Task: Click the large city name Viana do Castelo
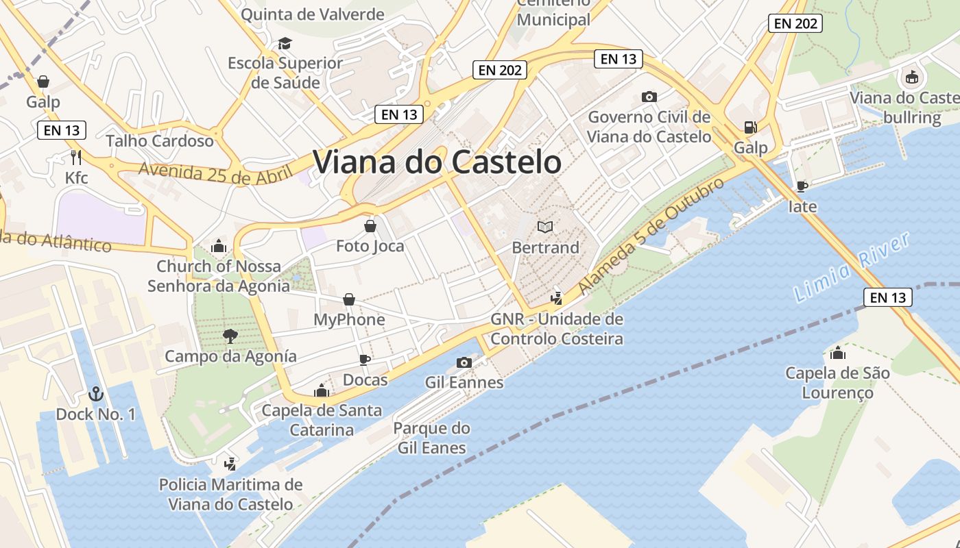437,162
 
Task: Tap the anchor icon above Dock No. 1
96,394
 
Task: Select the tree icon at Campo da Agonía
230,336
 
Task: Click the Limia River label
852,267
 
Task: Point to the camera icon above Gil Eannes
464,362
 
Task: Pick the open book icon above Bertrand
545,227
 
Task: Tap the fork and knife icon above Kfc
76,158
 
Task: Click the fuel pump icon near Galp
750,127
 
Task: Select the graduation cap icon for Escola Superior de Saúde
285,44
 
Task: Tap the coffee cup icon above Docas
365,360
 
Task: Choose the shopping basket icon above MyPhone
349,299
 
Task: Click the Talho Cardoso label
160,141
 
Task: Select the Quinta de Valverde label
312,14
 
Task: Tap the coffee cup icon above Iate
802,186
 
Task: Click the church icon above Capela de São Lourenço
837,353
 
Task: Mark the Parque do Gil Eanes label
431,438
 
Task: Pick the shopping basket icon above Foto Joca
370,225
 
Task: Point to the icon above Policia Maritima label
230,464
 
